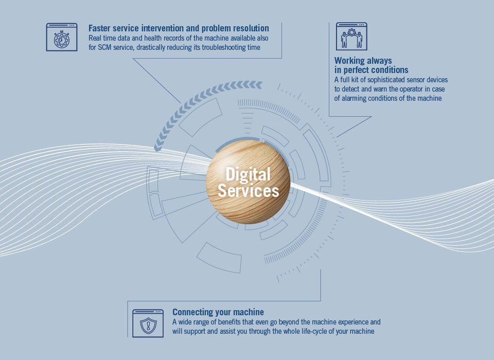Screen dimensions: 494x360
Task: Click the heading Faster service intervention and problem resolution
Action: point(179,28)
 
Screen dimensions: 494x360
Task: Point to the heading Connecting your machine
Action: point(218,312)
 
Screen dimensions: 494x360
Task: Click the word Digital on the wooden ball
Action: point(248,174)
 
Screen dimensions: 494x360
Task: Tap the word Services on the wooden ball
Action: point(248,191)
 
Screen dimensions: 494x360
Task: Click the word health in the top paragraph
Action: point(153,39)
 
